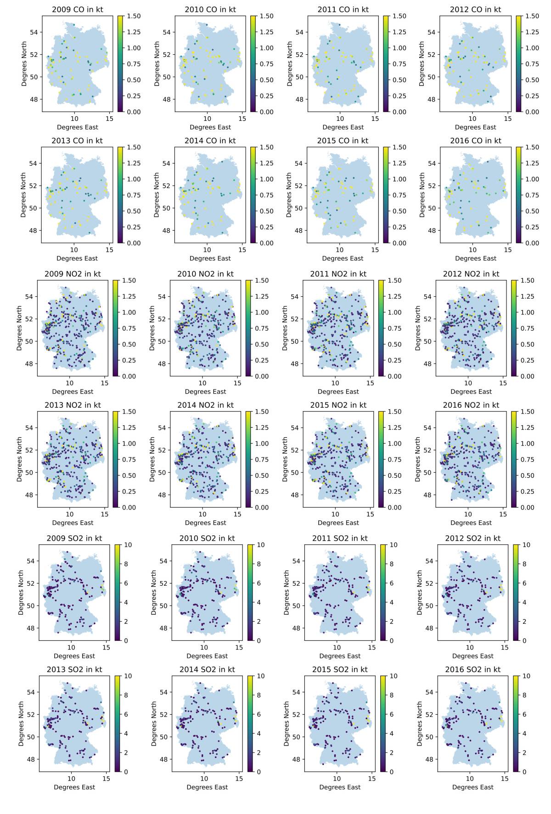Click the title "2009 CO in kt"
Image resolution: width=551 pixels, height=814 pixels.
tap(77, 10)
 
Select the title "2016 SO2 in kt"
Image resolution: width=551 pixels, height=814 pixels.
tap(472, 669)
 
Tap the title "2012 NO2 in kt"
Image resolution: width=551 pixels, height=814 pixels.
tap(471, 274)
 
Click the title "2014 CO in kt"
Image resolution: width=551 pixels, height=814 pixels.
tap(210, 141)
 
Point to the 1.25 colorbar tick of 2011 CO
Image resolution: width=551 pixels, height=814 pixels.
tap(399, 32)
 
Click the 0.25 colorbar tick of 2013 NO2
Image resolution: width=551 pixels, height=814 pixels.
tap(129, 492)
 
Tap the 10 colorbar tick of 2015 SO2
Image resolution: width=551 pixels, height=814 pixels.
tap(394, 676)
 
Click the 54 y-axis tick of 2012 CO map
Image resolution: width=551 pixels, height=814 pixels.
tap(431, 32)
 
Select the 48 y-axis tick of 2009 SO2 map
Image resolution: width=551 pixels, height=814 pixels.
tap(30, 628)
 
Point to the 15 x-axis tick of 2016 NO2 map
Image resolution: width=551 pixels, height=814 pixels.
tap(503, 514)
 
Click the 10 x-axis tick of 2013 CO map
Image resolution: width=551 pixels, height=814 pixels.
tap(74, 250)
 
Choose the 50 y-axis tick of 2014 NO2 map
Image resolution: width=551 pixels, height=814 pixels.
tap(162, 472)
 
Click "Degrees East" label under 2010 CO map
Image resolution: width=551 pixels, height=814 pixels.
tap(210, 127)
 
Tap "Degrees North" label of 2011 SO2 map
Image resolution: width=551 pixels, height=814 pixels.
tap(287, 593)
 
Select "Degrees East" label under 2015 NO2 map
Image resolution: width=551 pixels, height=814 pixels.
tap(338, 523)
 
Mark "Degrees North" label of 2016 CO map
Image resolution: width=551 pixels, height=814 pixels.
tap(422, 195)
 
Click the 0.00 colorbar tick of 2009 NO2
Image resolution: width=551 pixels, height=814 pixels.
tap(129, 376)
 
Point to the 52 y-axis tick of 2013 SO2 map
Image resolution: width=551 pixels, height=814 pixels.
tap(30, 714)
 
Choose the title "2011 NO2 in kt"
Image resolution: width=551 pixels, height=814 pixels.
tap(338, 274)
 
